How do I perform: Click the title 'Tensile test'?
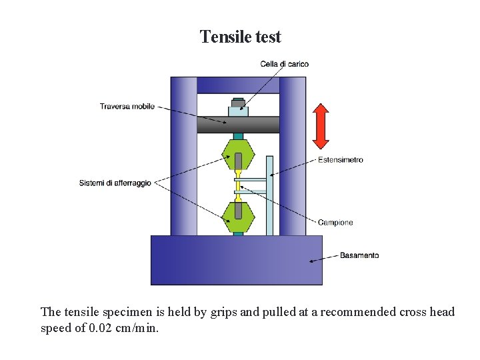240,37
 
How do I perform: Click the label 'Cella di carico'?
284,64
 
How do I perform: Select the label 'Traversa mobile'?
127,106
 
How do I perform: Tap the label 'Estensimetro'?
340,160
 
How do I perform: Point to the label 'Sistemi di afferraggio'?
115,183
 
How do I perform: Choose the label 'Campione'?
335,223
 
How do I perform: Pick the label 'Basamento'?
359,255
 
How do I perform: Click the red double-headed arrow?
321,126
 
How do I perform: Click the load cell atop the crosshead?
238,109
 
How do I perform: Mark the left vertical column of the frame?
183,157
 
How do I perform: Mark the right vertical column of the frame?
292,157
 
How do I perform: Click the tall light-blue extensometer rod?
269,200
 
